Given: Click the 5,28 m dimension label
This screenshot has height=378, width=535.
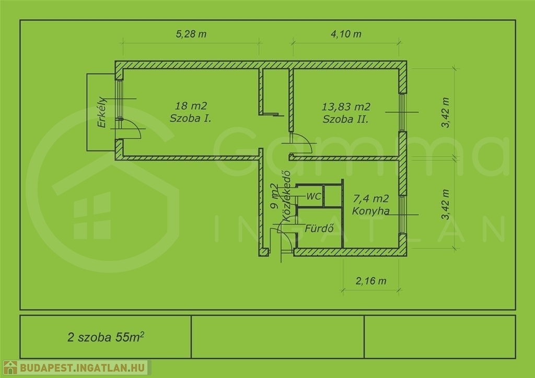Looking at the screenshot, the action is click(x=191, y=34).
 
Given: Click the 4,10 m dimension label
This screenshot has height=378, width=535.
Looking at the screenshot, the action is click(x=346, y=34).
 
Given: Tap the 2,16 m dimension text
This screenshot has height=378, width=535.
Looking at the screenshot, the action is click(x=371, y=281).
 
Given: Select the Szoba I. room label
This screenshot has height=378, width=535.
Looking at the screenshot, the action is click(x=190, y=119).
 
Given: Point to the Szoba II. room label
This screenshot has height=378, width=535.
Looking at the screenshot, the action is click(x=346, y=119).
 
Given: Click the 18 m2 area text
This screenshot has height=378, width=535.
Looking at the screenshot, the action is click(x=191, y=105).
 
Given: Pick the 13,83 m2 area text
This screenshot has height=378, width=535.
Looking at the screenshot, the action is click(x=346, y=107).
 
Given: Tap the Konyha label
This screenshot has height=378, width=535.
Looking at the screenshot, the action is click(x=370, y=211).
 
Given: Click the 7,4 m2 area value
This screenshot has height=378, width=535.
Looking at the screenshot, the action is click(x=371, y=198).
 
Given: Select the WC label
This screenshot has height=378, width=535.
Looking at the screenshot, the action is click(x=313, y=196).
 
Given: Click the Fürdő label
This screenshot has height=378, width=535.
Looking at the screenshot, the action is click(x=319, y=228).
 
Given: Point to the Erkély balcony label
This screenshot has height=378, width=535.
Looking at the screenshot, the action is click(x=102, y=112).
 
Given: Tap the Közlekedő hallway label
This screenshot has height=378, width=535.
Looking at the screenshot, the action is click(x=286, y=196).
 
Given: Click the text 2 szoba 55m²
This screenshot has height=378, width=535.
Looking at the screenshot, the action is click(x=106, y=337).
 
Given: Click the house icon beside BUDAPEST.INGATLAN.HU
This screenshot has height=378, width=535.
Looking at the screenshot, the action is click(x=10, y=368).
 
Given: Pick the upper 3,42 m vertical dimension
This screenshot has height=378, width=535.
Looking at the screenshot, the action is click(x=445, y=112).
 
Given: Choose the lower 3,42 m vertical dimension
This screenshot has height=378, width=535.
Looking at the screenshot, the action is click(x=445, y=204).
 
